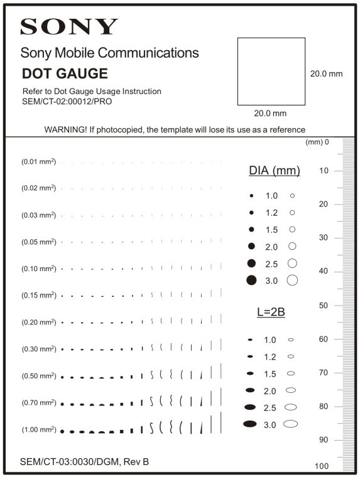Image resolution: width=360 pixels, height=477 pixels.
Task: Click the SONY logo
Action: point(69,26)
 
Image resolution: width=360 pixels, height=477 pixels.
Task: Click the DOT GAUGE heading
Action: point(65,74)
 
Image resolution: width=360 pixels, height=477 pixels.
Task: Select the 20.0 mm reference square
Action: point(271,71)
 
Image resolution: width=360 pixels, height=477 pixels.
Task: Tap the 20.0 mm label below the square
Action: point(270,114)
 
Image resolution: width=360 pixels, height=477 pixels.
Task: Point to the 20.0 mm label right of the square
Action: point(326,74)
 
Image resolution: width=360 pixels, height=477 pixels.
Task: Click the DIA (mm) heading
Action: point(274,171)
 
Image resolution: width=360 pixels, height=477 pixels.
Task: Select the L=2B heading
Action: point(271,312)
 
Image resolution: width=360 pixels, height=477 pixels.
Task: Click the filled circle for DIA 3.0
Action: point(251,280)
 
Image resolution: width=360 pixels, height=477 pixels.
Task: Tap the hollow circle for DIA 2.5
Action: point(292,263)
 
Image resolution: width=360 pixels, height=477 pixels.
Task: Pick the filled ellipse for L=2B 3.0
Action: point(250,424)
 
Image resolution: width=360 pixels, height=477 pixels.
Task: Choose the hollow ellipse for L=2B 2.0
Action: point(291,390)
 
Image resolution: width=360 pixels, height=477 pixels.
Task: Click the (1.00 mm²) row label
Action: point(38,430)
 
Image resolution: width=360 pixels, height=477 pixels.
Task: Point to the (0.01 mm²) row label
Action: point(38,162)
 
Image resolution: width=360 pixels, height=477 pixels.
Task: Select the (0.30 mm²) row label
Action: point(38,349)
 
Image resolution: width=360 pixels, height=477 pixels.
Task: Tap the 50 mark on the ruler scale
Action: point(324,306)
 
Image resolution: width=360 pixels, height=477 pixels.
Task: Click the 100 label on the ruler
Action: point(321,466)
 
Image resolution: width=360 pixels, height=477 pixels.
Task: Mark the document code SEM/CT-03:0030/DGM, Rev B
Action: point(84,462)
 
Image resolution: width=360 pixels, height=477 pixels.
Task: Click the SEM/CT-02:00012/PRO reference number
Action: point(67,101)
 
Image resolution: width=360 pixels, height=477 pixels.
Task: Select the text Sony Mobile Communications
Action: point(109,53)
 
